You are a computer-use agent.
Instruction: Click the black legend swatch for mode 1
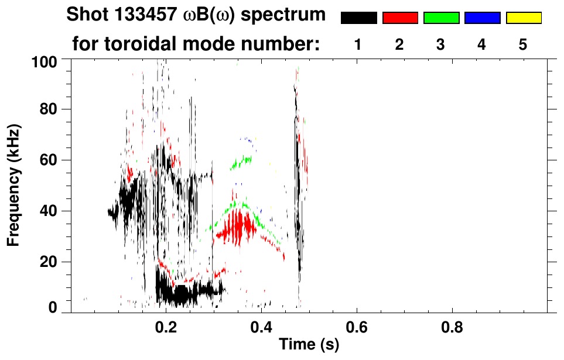click(x=358, y=18)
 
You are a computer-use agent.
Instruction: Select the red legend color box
click(x=400, y=18)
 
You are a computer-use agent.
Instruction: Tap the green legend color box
click(x=441, y=18)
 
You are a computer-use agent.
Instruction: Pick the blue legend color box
click(x=482, y=18)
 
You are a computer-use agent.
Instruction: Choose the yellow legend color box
click(x=524, y=18)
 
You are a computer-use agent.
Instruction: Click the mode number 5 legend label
click(x=523, y=45)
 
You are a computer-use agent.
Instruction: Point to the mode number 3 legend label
click(x=440, y=45)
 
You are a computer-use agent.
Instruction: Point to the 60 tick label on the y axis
click(x=49, y=160)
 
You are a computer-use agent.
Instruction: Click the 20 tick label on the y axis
click(x=49, y=262)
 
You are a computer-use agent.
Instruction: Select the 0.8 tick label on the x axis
click(x=452, y=325)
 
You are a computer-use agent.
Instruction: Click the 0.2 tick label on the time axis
click(x=166, y=325)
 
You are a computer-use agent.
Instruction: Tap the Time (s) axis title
click(x=309, y=344)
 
